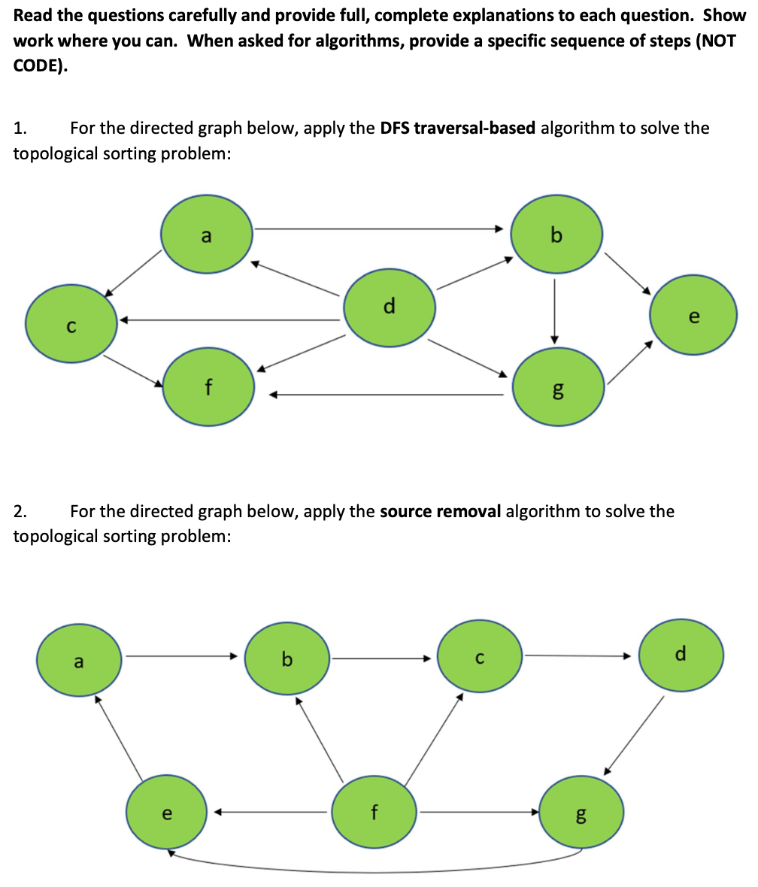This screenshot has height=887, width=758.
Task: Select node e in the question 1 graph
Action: coord(693,318)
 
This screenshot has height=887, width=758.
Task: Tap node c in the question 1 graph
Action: coord(71,322)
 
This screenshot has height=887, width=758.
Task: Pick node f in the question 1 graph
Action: coord(208,388)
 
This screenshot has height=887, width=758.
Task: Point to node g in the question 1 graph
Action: coord(557,387)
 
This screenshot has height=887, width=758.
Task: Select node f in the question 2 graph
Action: coord(374,813)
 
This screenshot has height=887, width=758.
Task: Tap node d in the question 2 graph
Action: coord(681,654)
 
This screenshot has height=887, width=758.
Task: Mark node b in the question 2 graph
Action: coord(287,660)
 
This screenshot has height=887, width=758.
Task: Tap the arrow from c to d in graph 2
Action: coord(579,655)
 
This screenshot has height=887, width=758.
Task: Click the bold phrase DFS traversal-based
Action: coord(458,128)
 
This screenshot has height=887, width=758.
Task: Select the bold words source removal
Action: coord(441,512)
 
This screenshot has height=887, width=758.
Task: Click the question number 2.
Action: coord(20,512)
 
